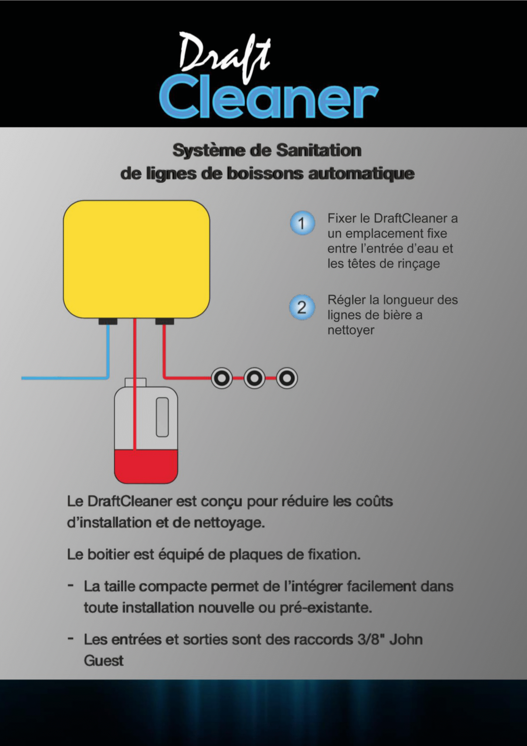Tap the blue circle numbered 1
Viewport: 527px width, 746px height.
click(302, 223)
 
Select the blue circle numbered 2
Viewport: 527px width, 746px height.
click(302, 307)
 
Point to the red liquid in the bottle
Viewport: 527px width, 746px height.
click(146, 466)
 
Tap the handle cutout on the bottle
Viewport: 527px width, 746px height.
click(162, 417)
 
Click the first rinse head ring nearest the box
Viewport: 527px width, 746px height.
click(222, 378)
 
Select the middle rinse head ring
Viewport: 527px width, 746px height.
click(254, 378)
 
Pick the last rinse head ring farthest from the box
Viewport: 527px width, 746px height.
click(287, 378)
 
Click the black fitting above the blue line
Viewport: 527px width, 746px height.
click(108, 321)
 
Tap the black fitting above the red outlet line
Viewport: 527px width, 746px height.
click(165, 321)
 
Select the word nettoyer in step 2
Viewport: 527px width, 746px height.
click(351, 330)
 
